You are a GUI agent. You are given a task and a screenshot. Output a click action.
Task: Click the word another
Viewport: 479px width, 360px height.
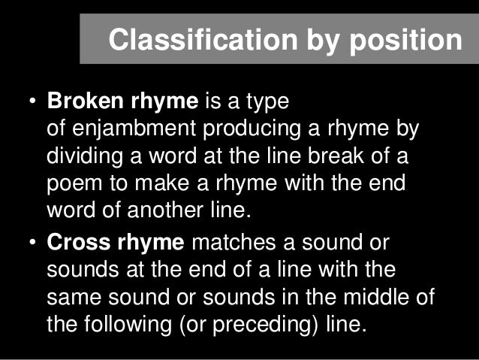pos(154,210)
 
